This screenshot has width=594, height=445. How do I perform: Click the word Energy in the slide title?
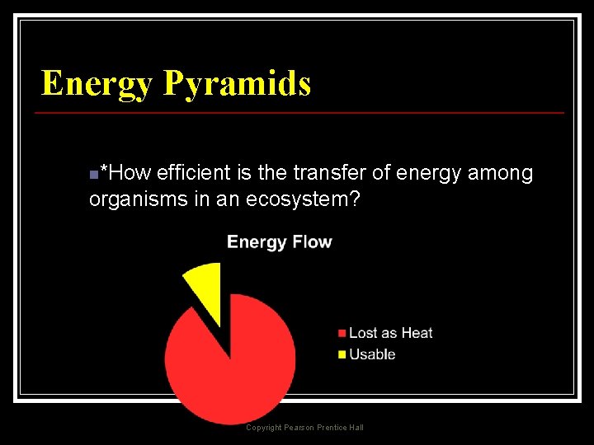tap(97, 84)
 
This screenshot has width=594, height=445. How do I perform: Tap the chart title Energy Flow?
tap(279, 242)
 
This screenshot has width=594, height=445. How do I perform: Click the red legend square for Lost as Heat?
tap(342, 334)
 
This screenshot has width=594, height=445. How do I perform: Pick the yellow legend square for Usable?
tap(342, 355)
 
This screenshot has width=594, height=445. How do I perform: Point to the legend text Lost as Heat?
tap(390, 333)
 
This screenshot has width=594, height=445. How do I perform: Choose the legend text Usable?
tap(372, 354)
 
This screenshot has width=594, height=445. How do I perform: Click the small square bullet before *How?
tap(93, 175)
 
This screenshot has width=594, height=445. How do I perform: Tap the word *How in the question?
tap(124, 173)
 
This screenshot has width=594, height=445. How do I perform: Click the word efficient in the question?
tap(195, 173)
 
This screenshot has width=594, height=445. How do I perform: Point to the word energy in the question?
tap(429, 173)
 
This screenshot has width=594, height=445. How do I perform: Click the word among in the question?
tap(501, 173)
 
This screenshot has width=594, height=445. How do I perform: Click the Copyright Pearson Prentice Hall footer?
tap(304, 427)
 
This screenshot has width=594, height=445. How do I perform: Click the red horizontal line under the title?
tap(302, 112)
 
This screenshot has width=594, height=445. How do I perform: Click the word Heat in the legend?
tap(416, 333)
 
